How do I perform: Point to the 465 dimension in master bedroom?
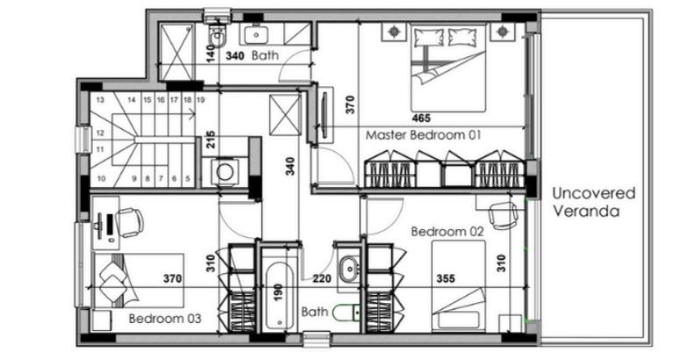tap(421, 117)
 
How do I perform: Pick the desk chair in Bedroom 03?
tap(130, 221)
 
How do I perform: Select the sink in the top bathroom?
tap(256, 34)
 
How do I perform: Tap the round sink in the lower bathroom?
tap(348, 268)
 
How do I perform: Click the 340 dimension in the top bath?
tap(235, 55)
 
